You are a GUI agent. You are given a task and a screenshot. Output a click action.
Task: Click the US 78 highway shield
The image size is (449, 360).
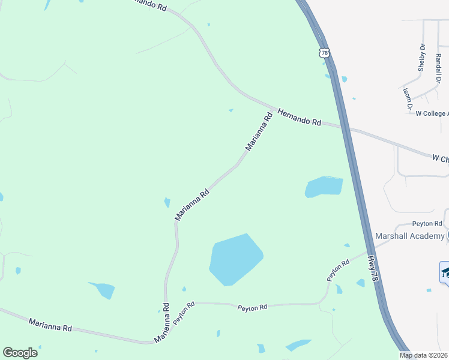pyautogui.click(x=325, y=53)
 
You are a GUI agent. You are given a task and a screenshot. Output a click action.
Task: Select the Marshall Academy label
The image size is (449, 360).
pyautogui.click(x=409, y=236)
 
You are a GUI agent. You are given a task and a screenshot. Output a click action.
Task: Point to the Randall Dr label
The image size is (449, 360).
pyautogui.click(x=439, y=67)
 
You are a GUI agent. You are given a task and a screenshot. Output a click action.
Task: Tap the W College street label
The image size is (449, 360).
pyautogui.click(x=432, y=113)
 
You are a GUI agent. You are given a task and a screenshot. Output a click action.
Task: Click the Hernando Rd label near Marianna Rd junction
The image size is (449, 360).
pyautogui.click(x=300, y=117)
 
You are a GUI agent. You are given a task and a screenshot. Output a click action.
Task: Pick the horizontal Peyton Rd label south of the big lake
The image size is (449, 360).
pyautogui.click(x=252, y=307)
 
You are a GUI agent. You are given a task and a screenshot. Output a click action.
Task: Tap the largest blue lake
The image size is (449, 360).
pyautogui.click(x=235, y=260)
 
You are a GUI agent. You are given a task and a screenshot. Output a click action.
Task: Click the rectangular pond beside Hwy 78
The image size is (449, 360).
pyautogui.click(x=324, y=187)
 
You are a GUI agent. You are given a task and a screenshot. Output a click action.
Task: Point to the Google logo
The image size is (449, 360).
pyautogui.click(x=20, y=353)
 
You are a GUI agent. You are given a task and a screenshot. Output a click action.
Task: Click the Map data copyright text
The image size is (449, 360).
pyautogui.click(x=423, y=355)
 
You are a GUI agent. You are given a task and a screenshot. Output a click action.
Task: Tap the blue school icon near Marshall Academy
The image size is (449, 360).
pyautogui.click(x=445, y=272)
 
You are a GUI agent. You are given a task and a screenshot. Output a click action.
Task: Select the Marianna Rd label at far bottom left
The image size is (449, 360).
pyautogui.click(x=50, y=325)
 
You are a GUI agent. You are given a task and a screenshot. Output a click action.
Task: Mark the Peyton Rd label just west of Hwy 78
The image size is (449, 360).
pyautogui.click(x=338, y=271)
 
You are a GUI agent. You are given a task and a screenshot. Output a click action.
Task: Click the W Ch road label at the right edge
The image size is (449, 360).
pyautogui.click(x=440, y=159)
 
